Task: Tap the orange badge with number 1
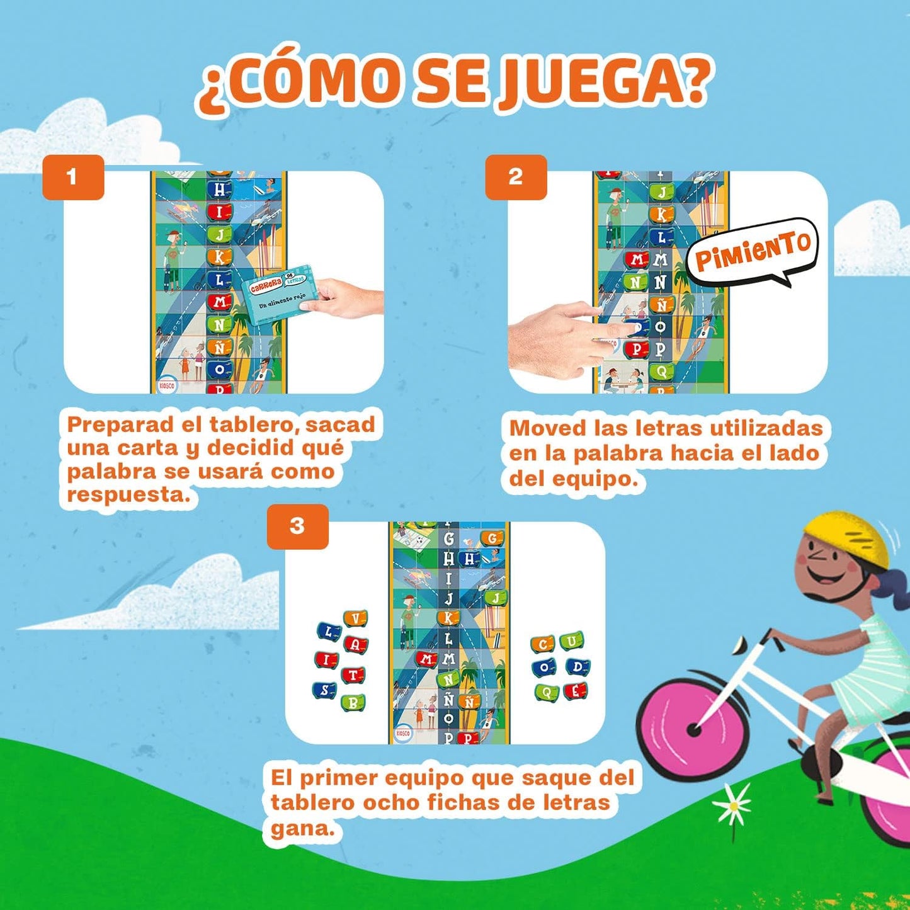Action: coord(72,177)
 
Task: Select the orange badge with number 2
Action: coord(515,177)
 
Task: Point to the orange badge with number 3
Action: coord(297,526)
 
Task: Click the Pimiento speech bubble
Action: coord(753,251)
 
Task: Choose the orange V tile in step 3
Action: coord(355,620)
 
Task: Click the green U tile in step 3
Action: coord(571,642)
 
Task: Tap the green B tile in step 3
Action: coord(353,703)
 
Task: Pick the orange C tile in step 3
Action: coord(542,644)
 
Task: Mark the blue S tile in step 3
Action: coord(325,690)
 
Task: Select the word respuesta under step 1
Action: coord(128,495)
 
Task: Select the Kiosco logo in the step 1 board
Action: coord(166,385)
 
